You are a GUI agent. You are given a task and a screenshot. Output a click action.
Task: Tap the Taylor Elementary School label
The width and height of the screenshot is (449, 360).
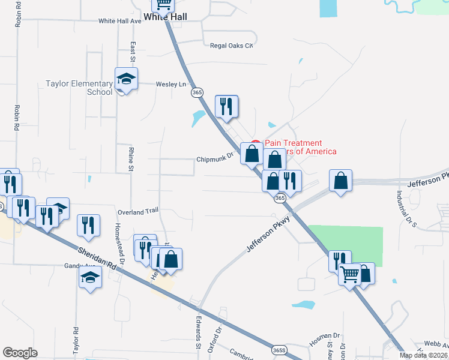point(79,88)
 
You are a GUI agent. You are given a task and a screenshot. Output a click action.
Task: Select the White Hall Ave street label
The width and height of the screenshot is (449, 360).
point(119,20)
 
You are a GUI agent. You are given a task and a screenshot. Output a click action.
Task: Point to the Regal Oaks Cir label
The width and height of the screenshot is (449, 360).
point(232,46)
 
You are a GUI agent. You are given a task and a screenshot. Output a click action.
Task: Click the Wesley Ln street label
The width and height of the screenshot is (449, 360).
point(171,85)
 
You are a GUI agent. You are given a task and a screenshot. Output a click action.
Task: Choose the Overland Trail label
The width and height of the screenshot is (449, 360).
point(137,211)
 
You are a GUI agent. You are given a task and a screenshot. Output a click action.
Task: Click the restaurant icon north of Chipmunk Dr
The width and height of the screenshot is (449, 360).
point(226,107)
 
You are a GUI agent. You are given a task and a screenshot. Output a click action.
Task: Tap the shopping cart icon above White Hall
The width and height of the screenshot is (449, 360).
point(163,4)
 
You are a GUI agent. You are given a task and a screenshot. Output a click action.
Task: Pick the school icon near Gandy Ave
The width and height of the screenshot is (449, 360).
point(91,278)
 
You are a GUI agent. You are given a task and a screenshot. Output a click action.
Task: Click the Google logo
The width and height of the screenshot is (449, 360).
point(20,352)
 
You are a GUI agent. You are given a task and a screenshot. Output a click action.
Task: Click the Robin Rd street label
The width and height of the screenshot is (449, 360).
point(17,119)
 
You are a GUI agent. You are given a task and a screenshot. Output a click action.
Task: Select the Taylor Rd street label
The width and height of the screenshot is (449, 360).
point(76,339)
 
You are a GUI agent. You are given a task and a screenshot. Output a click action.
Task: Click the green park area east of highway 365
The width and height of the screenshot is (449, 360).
point(351,246)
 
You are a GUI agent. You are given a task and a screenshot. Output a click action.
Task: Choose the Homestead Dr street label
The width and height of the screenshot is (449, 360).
point(119,245)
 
